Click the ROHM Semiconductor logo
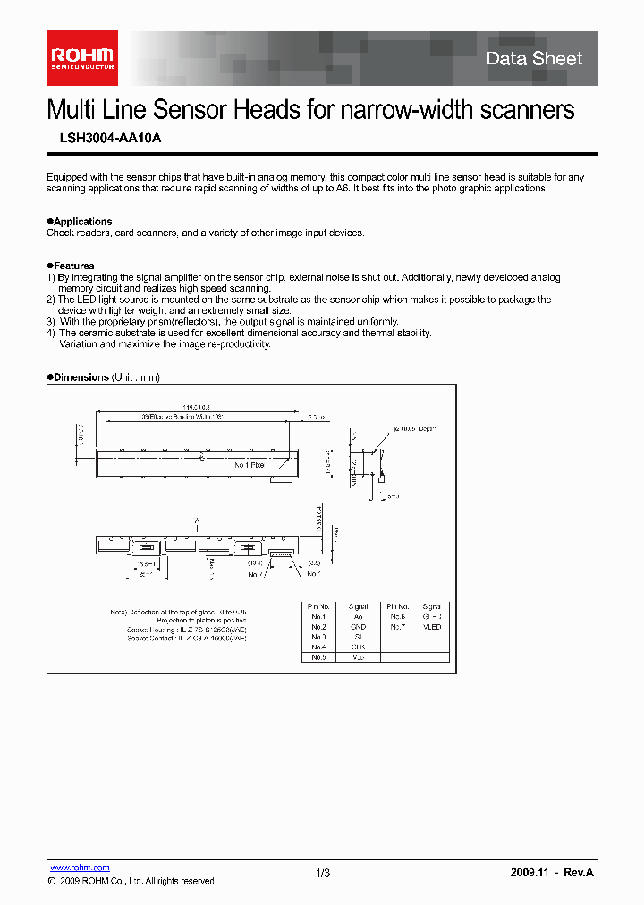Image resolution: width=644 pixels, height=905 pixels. point(82,58)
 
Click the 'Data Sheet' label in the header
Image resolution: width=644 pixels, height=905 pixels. point(534,59)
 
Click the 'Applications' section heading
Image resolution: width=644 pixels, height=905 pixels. point(81,221)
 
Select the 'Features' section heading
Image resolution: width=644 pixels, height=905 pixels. point(72,266)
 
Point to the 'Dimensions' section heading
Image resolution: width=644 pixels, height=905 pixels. point(80,377)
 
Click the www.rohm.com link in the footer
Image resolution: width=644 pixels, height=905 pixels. point(79,867)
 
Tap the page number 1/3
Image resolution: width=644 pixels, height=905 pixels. point(323,873)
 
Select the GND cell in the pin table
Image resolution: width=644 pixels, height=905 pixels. point(358,627)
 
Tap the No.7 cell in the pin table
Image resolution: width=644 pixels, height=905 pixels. point(397,627)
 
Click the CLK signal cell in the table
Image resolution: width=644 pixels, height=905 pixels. point(358,647)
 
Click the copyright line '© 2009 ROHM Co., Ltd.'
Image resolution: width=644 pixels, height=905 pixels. point(131,881)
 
